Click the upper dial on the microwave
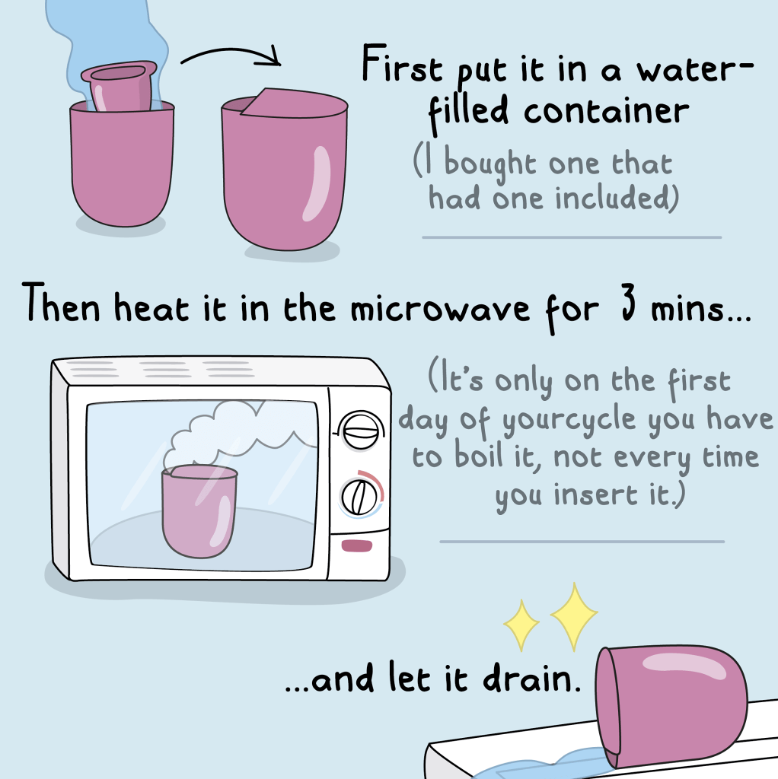point(361,431)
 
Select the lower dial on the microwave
point(359,498)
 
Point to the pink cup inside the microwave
point(199,511)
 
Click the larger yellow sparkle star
point(574,616)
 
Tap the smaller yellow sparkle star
point(521,625)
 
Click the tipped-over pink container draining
point(671,705)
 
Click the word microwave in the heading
point(440,309)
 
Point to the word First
point(402,64)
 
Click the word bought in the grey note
point(490,162)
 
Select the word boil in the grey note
point(479,456)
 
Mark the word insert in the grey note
point(596,494)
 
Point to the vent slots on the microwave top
point(160,369)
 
